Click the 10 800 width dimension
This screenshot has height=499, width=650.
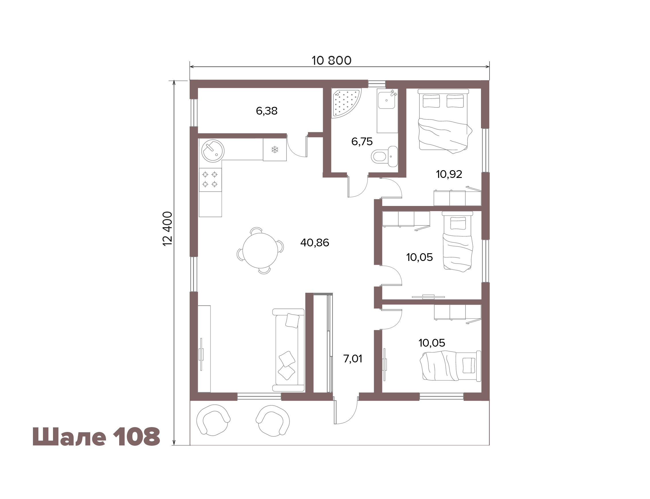[331, 61]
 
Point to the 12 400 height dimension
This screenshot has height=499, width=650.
[168, 228]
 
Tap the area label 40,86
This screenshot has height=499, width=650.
[315, 243]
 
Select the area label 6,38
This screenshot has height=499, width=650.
[266, 111]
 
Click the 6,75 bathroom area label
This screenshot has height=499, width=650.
[362, 142]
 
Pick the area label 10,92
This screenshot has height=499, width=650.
[449, 174]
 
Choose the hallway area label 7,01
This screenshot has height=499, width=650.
[353, 359]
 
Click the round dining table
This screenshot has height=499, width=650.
[260, 250]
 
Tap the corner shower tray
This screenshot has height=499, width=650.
[346, 103]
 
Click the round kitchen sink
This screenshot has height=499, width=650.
[213, 151]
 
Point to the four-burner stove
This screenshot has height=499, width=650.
[210, 179]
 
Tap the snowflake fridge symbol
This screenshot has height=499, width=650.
[275, 150]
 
